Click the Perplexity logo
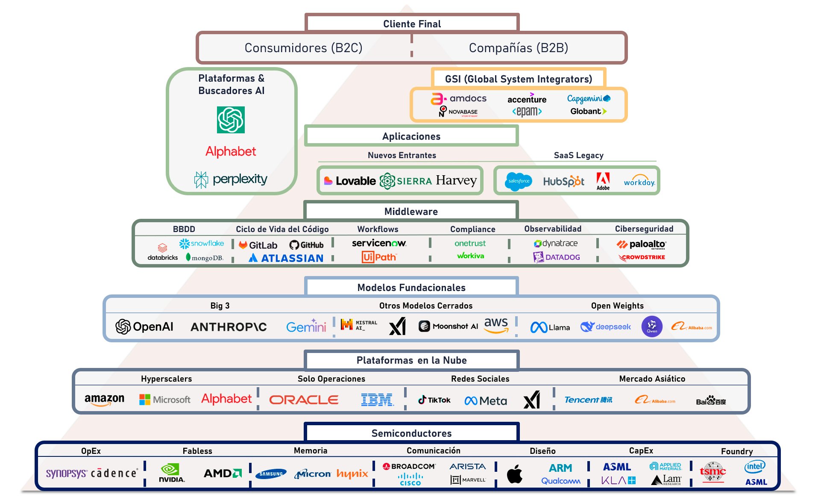231,179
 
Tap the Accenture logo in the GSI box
527,99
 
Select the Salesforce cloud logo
519,181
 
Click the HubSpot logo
563,182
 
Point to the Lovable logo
350,181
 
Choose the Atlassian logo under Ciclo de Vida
286,258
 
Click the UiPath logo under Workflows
379,257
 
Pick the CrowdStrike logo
642,257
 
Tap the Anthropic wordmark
229,327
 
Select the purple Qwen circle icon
652,327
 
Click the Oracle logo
304,400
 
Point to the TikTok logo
434,400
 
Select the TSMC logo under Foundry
712,472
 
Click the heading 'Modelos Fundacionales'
411,288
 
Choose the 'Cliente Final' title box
412,24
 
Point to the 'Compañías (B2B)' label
518,48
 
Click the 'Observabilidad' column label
553,229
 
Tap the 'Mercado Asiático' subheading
652,379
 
